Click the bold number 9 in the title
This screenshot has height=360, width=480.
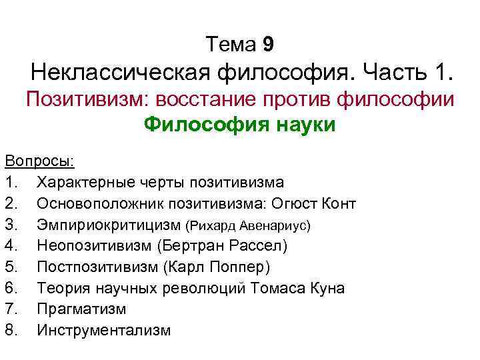[x=268, y=45]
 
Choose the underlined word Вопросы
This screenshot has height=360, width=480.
[x=39, y=162]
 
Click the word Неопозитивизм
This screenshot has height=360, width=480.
[x=95, y=246]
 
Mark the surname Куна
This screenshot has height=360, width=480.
[x=327, y=288]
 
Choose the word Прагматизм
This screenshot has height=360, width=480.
[x=82, y=309]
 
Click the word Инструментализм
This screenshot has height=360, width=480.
[x=104, y=331]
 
